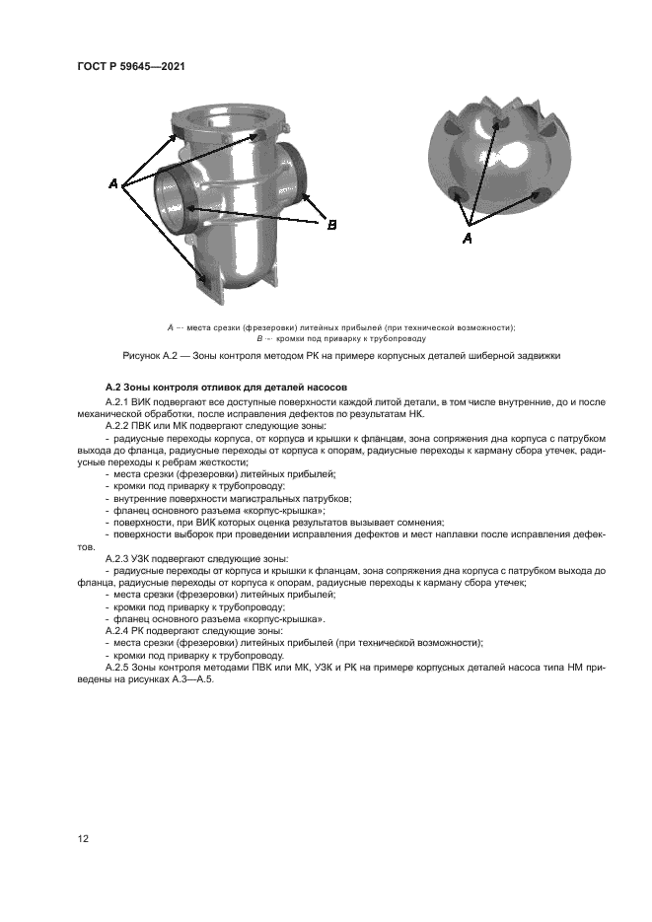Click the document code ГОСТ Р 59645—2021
click(131, 66)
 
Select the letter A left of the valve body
click(113, 184)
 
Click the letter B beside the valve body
click(331, 225)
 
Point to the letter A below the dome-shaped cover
click(468, 239)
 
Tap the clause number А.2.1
click(119, 402)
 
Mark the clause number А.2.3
click(119, 558)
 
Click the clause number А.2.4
click(119, 629)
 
